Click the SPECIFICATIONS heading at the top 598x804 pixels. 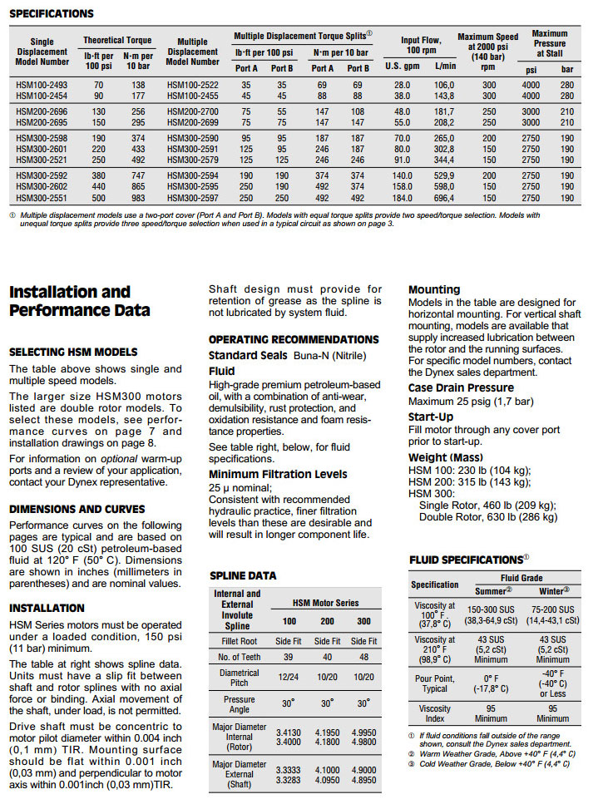pos(51,13)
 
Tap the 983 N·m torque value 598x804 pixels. pos(138,198)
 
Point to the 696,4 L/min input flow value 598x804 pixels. pos(444,198)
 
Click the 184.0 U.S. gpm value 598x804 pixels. pos(403,198)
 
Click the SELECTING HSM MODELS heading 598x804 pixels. pos(73,352)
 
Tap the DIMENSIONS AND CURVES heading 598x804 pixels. pos(77,509)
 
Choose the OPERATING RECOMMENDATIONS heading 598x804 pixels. pos(293,339)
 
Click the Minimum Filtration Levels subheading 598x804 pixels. pos(278,474)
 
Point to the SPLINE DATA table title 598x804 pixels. pos(243,575)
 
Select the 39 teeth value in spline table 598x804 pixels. pos(288,656)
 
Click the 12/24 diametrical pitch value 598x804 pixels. pos(288,678)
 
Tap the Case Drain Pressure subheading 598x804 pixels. pos(461,388)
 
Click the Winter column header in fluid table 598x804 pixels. pos(553,590)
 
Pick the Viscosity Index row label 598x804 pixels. pos(435,713)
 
